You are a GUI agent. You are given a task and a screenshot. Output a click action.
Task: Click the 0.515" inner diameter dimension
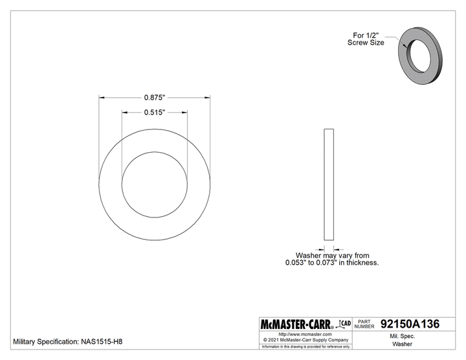point(154,112)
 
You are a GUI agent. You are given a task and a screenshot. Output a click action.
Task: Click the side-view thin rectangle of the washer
point(327,185)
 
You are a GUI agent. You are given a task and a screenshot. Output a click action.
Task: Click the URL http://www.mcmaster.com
point(304,333)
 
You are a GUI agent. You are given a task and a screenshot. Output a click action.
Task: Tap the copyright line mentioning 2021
point(304,339)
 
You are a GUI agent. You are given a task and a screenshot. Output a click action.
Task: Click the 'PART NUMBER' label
point(365,324)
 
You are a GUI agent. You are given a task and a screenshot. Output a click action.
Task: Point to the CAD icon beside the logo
point(345,322)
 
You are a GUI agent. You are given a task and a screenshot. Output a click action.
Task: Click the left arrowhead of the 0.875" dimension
point(102,98)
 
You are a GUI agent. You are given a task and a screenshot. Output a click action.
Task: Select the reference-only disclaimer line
point(304,346)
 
